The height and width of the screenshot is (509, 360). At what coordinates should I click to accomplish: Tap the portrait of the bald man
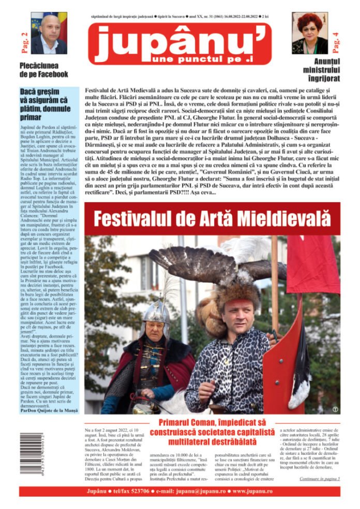coord(49,33)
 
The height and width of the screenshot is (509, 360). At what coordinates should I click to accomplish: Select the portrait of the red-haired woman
coord(310,34)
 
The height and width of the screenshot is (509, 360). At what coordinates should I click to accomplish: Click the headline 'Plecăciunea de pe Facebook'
coord(43,70)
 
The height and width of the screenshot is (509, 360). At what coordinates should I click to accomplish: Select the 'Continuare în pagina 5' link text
coord(319,479)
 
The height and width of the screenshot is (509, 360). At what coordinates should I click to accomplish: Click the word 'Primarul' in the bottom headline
coord(177,422)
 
